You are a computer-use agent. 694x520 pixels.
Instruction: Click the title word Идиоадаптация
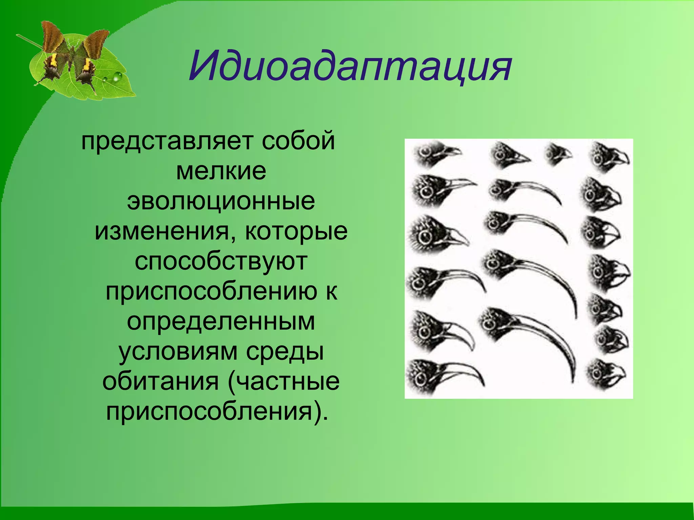pos(350,66)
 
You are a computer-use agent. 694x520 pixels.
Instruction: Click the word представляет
pos(167,142)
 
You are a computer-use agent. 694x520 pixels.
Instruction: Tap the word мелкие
pos(221,171)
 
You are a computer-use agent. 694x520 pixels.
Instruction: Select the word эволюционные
pos(221,202)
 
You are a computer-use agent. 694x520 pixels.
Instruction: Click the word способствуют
pos(221,262)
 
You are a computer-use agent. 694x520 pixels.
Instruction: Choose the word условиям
pos(178,352)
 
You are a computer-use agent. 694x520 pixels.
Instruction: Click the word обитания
pos(161,382)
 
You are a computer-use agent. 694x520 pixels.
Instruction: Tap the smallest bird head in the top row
pos(556,154)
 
